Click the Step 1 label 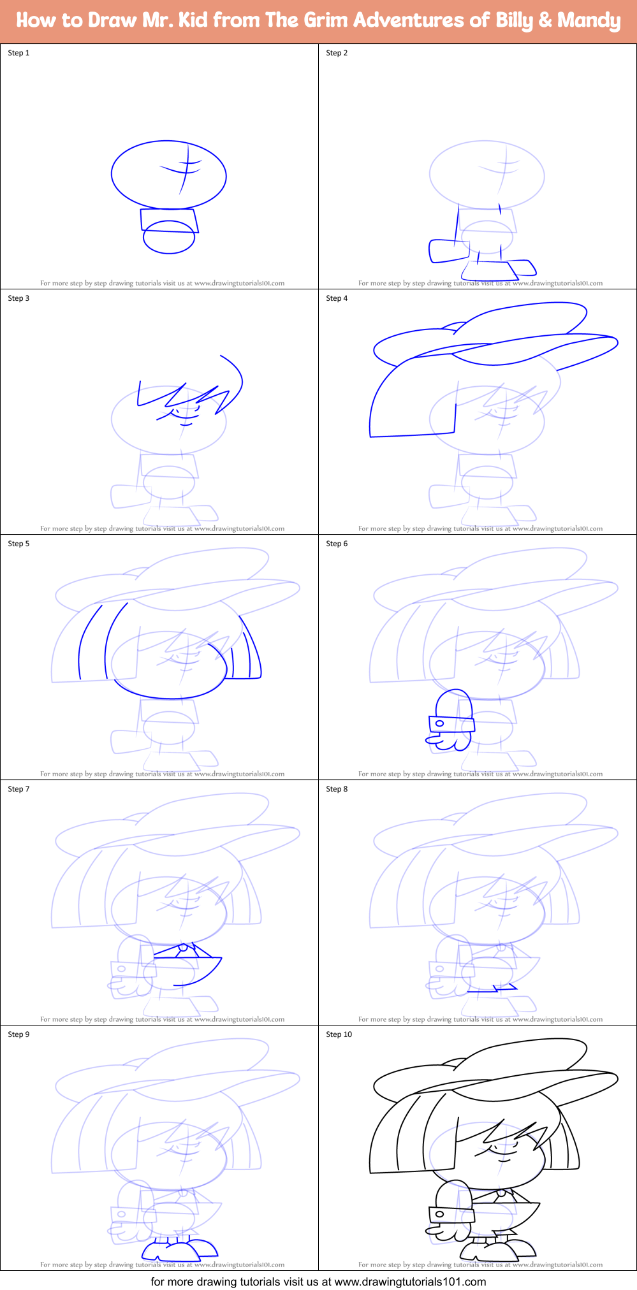click(x=18, y=53)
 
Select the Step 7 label click(x=18, y=789)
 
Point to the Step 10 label click(x=339, y=1034)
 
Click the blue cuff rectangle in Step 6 click(x=451, y=723)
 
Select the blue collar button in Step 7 click(x=183, y=947)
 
